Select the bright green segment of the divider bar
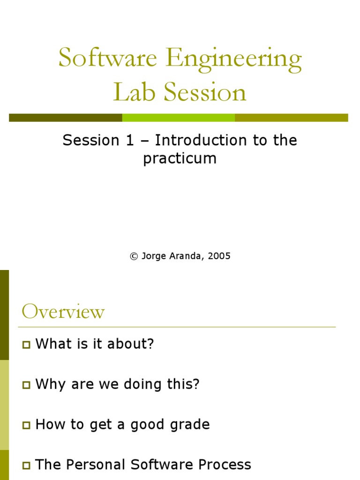(x=178, y=118)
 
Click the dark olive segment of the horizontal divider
(x=66, y=118)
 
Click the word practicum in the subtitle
(x=180, y=158)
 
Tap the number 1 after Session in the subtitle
(x=129, y=140)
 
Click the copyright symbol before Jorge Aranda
(x=134, y=256)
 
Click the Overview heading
(x=63, y=312)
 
